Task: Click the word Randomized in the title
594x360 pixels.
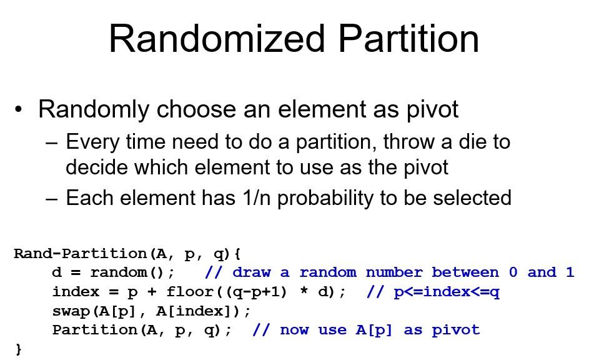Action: [x=217, y=39]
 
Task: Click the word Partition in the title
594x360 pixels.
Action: [x=408, y=39]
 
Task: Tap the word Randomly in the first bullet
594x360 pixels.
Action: [x=94, y=110]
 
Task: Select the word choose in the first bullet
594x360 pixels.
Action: [x=197, y=109]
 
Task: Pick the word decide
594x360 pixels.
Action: [x=96, y=167]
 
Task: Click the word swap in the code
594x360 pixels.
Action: [x=71, y=311]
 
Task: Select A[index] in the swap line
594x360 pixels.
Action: [x=193, y=311]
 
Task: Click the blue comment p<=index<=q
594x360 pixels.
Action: [x=447, y=292]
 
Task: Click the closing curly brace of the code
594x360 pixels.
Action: [x=19, y=349]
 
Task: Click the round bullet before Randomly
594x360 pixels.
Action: [x=19, y=110]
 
